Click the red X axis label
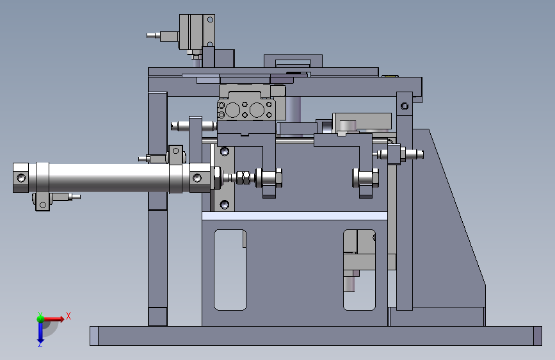click(x=68, y=316)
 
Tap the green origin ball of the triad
click(x=41, y=318)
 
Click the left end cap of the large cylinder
click(x=21, y=177)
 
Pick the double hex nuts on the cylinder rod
click(x=243, y=178)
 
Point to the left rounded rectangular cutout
click(x=230, y=270)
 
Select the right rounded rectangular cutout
click(x=359, y=270)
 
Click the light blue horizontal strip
click(x=294, y=216)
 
